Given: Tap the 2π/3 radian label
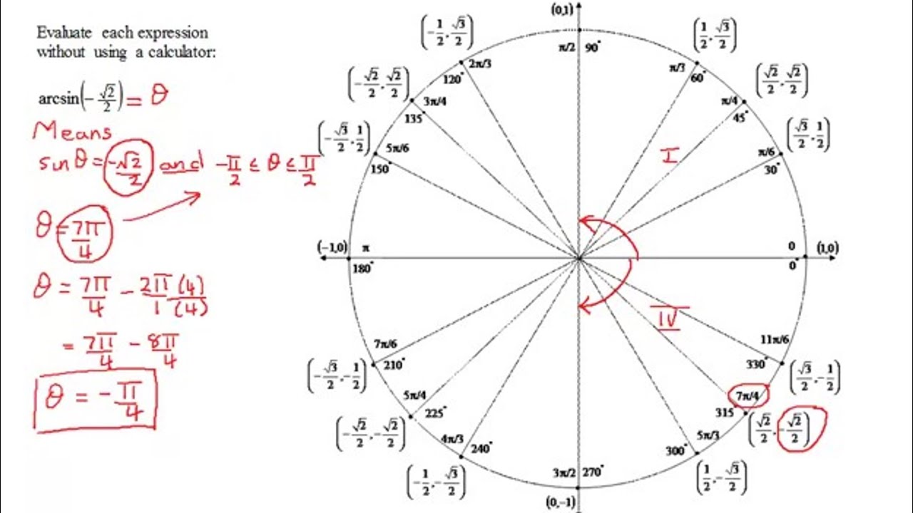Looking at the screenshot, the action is (x=479, y=63).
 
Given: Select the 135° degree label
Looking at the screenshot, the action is (x=413, y=118).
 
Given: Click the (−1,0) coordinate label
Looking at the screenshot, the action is (x=332, y=247).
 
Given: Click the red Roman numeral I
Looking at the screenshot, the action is (x=669, y=155).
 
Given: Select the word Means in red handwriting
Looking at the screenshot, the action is (x=73, y=132).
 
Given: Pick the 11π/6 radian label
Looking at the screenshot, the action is (x=775, y=340).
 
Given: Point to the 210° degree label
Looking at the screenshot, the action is (x=393, y=365).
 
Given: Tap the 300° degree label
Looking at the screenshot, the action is (x=676, y=451).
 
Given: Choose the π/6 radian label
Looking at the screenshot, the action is (x=767, y=152).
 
